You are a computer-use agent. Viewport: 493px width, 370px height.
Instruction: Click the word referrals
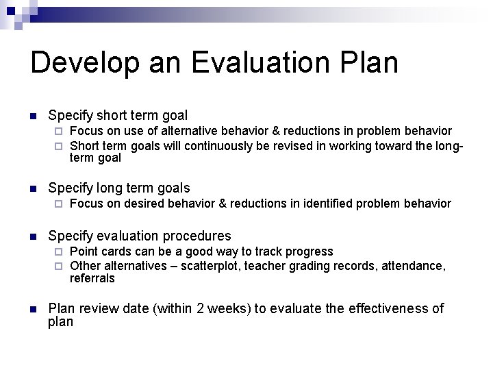click(x=92, y=279)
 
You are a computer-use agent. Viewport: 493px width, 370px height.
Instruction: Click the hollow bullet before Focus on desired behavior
click(x=59, y=203)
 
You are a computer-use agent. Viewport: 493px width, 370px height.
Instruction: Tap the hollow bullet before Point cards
click(x=59, y=252)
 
